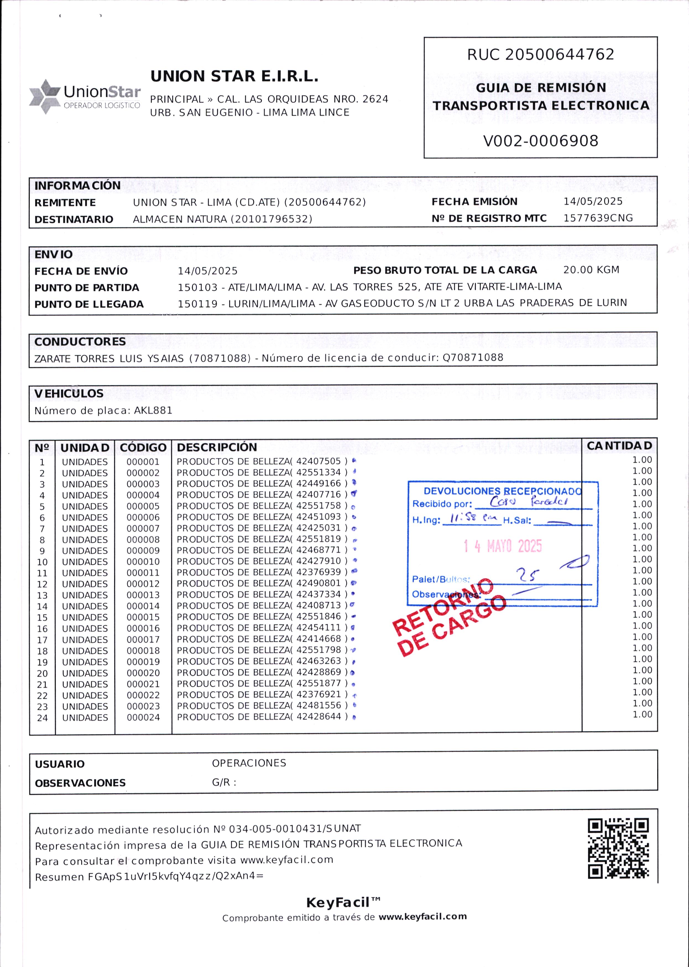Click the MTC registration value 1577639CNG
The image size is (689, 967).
(x=598, y=218)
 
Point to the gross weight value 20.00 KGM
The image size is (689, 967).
(x=591, y=270)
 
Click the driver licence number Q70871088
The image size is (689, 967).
(x=473, y=357)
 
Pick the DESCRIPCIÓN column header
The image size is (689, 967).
(x=217, y=447)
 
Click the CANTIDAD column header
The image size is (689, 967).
(x=619, y=446)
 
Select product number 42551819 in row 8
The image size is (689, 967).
(x=319, y=539)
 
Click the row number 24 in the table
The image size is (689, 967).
(x=42, y=718)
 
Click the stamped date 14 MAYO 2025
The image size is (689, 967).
(x=503, y=546)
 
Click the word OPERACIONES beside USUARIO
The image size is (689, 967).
(x=249, y=763)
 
